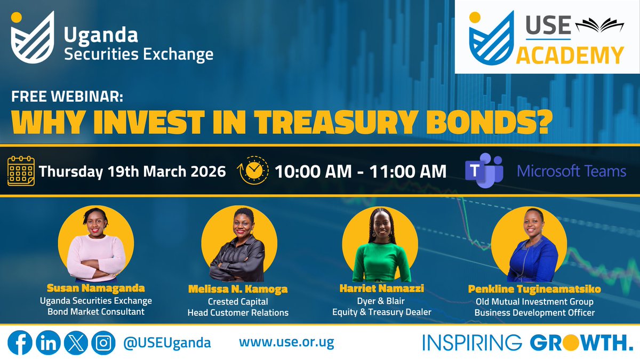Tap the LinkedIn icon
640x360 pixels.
tap(48, 342)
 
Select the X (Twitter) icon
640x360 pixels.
tap(75, 342)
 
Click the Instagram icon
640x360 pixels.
tap(102, 342)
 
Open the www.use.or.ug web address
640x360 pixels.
tap(286, 342)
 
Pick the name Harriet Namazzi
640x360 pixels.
tap(376, 288)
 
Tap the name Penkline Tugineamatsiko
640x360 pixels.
tap(534, 289)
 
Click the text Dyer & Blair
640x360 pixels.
tap(376, 301)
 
